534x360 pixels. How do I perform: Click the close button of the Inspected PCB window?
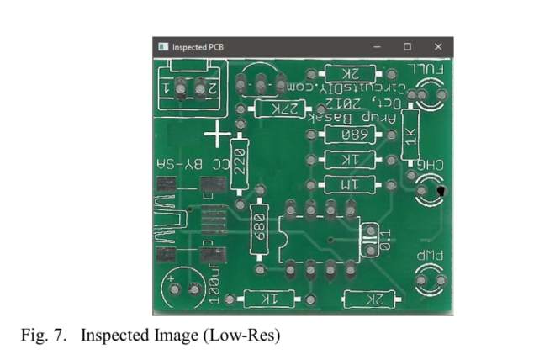pos(438,46)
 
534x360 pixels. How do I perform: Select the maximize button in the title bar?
pos(408,46)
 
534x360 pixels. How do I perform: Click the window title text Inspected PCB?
pos(198,47)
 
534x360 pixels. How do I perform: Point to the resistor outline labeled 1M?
pos(347,184)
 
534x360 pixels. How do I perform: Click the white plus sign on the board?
pos(218,134)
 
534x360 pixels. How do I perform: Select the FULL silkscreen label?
pos(426,70)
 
